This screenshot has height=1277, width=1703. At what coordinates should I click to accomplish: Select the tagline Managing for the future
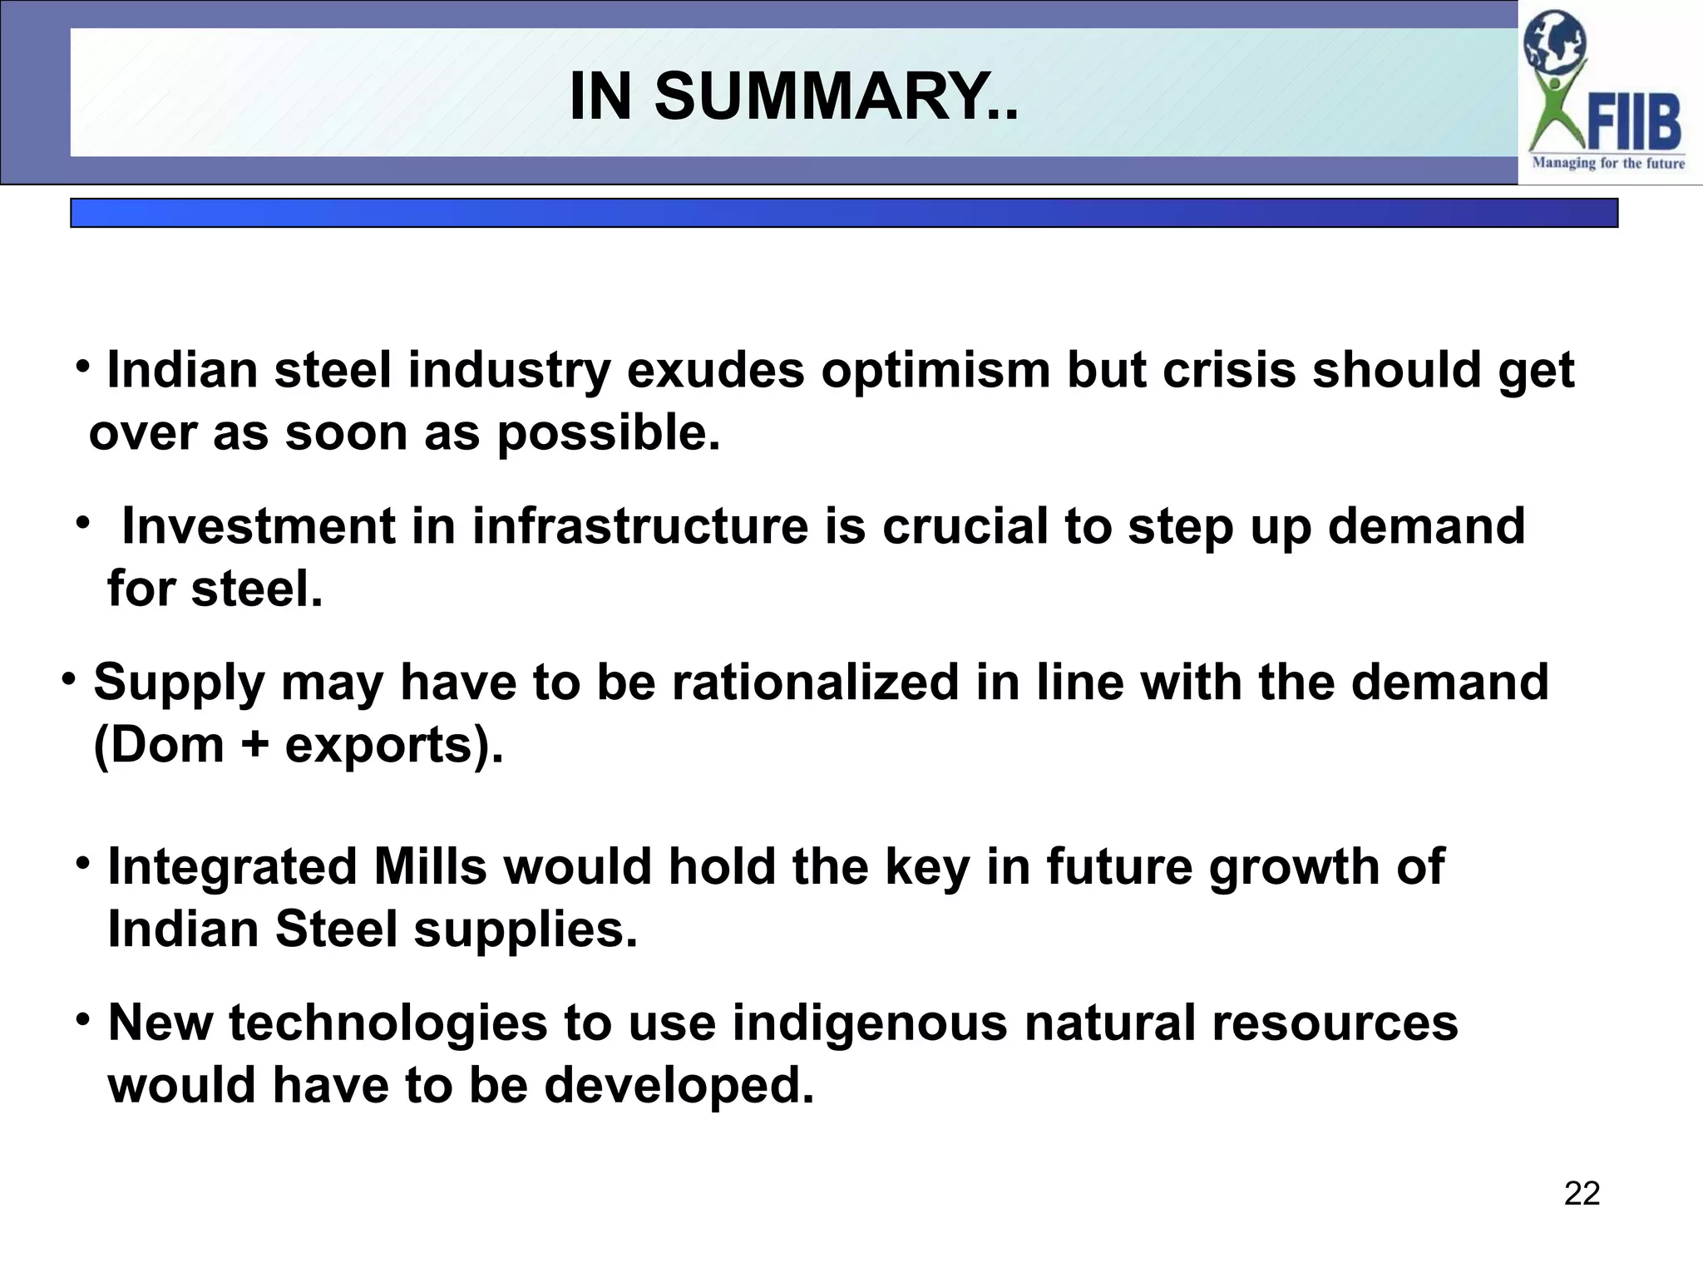(1608, 164)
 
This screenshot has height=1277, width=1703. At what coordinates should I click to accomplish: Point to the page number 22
(1582, 1194)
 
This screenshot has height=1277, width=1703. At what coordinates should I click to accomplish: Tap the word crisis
(1229, 371)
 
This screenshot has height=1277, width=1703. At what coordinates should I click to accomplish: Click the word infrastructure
(640, 527)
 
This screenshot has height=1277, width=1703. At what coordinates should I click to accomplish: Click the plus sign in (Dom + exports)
(255, 745)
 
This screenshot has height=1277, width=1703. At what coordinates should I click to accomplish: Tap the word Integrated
(233, 867)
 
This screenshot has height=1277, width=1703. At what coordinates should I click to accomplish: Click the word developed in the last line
(679, 1086)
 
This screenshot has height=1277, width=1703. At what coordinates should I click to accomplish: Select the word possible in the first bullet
(608, 435)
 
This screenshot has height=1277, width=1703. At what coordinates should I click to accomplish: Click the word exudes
(716, 371)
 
